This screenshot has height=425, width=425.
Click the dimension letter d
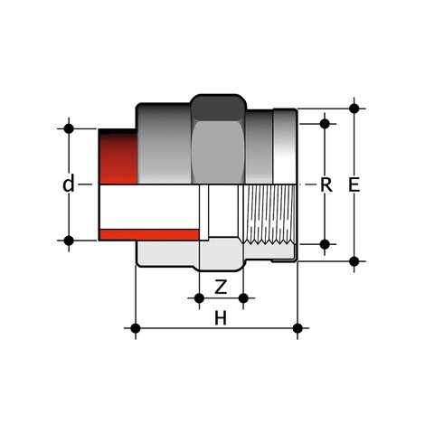point(69,185)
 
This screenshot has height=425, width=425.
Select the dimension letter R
point(326,185)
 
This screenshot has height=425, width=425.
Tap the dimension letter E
point(354,185)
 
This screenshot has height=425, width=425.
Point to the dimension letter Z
point(220,288)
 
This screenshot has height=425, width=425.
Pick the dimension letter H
point(220,317)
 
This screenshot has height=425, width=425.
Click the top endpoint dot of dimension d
point(69,128)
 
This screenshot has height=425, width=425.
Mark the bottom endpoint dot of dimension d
point(69,241)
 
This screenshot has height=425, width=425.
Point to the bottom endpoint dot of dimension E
point(354,260)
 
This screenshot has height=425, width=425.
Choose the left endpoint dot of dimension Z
point(199,297)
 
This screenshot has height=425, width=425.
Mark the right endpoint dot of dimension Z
point(241,297)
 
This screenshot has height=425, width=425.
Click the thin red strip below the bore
point(149,235)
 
